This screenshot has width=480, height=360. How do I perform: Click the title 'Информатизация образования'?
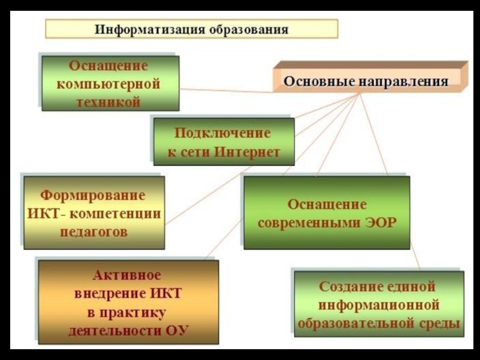click(191, 29)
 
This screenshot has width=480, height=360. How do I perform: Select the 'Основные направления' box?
click(366, 80)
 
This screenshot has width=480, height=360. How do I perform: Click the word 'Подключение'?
click(223, 133)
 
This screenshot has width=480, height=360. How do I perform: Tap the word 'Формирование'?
click(93, 196)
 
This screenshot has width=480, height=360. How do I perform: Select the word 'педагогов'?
click(94, 232)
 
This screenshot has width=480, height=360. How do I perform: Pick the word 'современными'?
click(309, 222)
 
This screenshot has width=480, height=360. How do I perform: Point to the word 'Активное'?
click(127, 276)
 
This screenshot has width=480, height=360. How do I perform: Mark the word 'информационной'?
click(379, 305)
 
